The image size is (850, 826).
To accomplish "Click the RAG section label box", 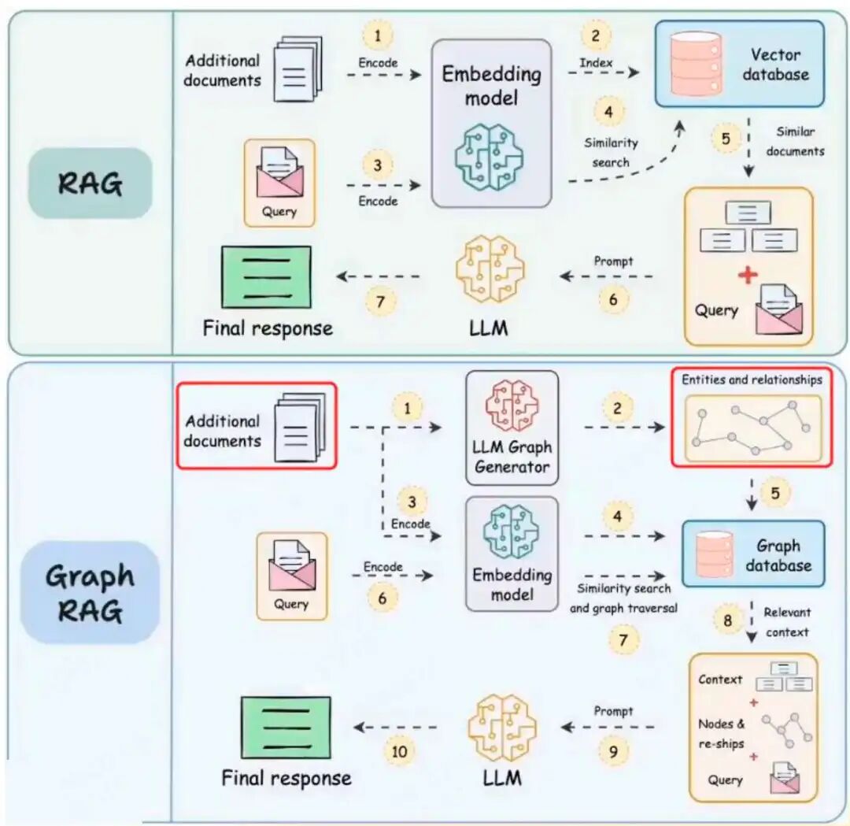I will click(x=90, y=183).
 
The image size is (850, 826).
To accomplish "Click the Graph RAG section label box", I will click(x=90, y=591).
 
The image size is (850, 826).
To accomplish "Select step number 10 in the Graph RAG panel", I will click(x=400, y=751).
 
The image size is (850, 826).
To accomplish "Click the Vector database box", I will click(x=740, y=64).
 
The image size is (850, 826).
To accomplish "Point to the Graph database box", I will click(x=753, y=554).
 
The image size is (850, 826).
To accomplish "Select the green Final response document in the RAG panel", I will click(x=267, y=277).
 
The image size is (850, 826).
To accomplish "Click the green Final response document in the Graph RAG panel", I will click(x=285, y=727).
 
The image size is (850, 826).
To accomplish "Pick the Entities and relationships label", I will click(x=752, y=380).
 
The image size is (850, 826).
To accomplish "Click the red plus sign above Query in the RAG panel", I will click(x=748, y=275).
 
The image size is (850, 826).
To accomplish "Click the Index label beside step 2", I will click(x=596, y=62).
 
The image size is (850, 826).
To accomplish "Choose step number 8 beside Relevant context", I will click(x=727, y=621).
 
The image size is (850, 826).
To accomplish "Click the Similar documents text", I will click(x=795, y=141).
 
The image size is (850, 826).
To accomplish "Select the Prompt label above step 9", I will click(x=614, y=711).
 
